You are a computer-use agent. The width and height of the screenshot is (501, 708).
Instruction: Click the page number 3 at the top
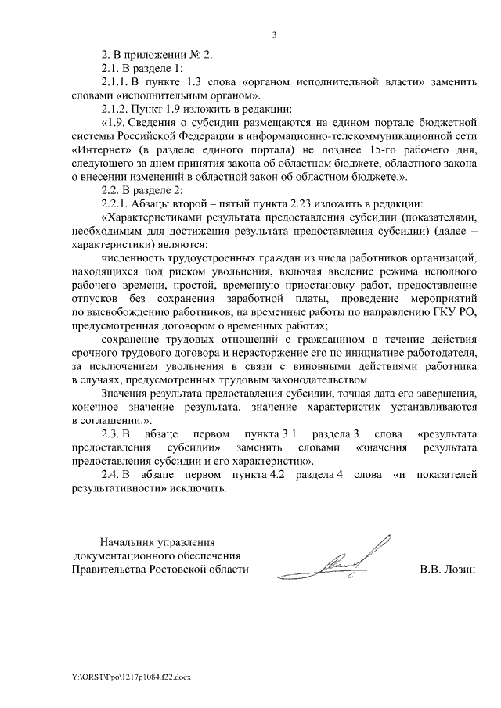pyautogui.click(x=274, y=34)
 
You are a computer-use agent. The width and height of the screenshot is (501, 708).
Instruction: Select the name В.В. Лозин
pyautogui.click(x=447, y=569)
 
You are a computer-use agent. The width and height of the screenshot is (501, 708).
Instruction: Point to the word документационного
pyautogui.click(x=124, y=555)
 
